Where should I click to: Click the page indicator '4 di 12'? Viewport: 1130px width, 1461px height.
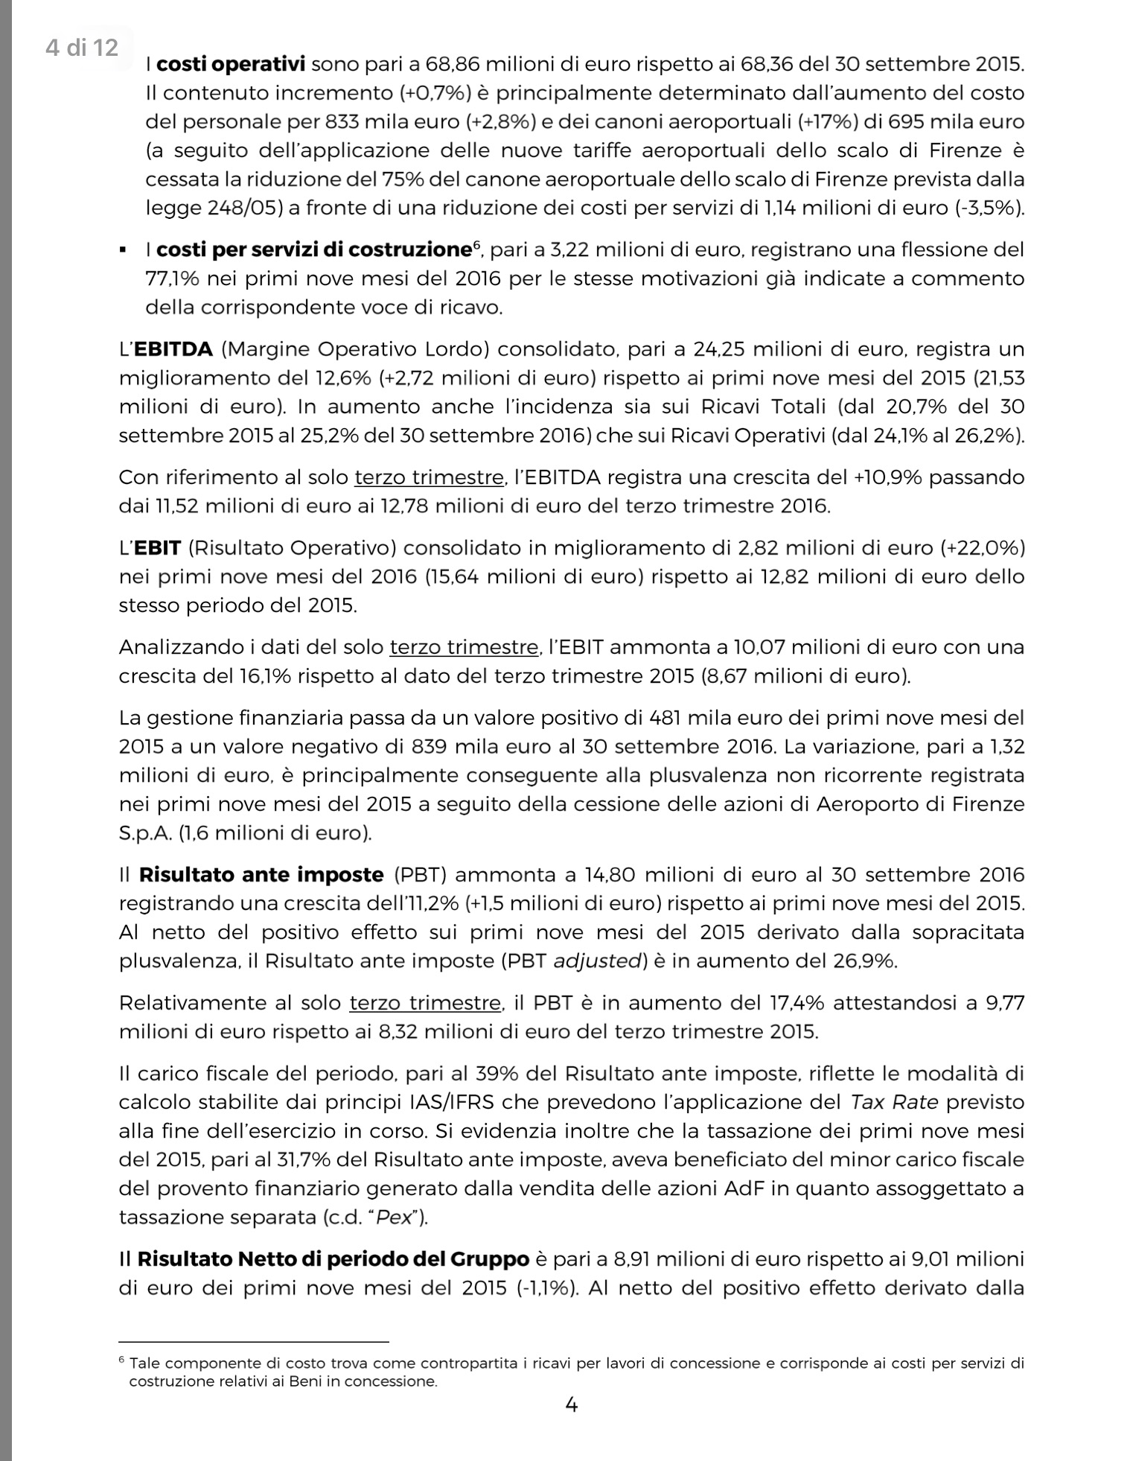point(81,48)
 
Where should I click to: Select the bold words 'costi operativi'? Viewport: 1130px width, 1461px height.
point(232,64)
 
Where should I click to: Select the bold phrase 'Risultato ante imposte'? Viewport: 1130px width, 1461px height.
point(261,874)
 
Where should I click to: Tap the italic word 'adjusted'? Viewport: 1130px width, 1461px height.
point(597,961)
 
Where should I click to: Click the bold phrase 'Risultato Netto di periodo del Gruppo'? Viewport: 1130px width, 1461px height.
point(333,1259)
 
